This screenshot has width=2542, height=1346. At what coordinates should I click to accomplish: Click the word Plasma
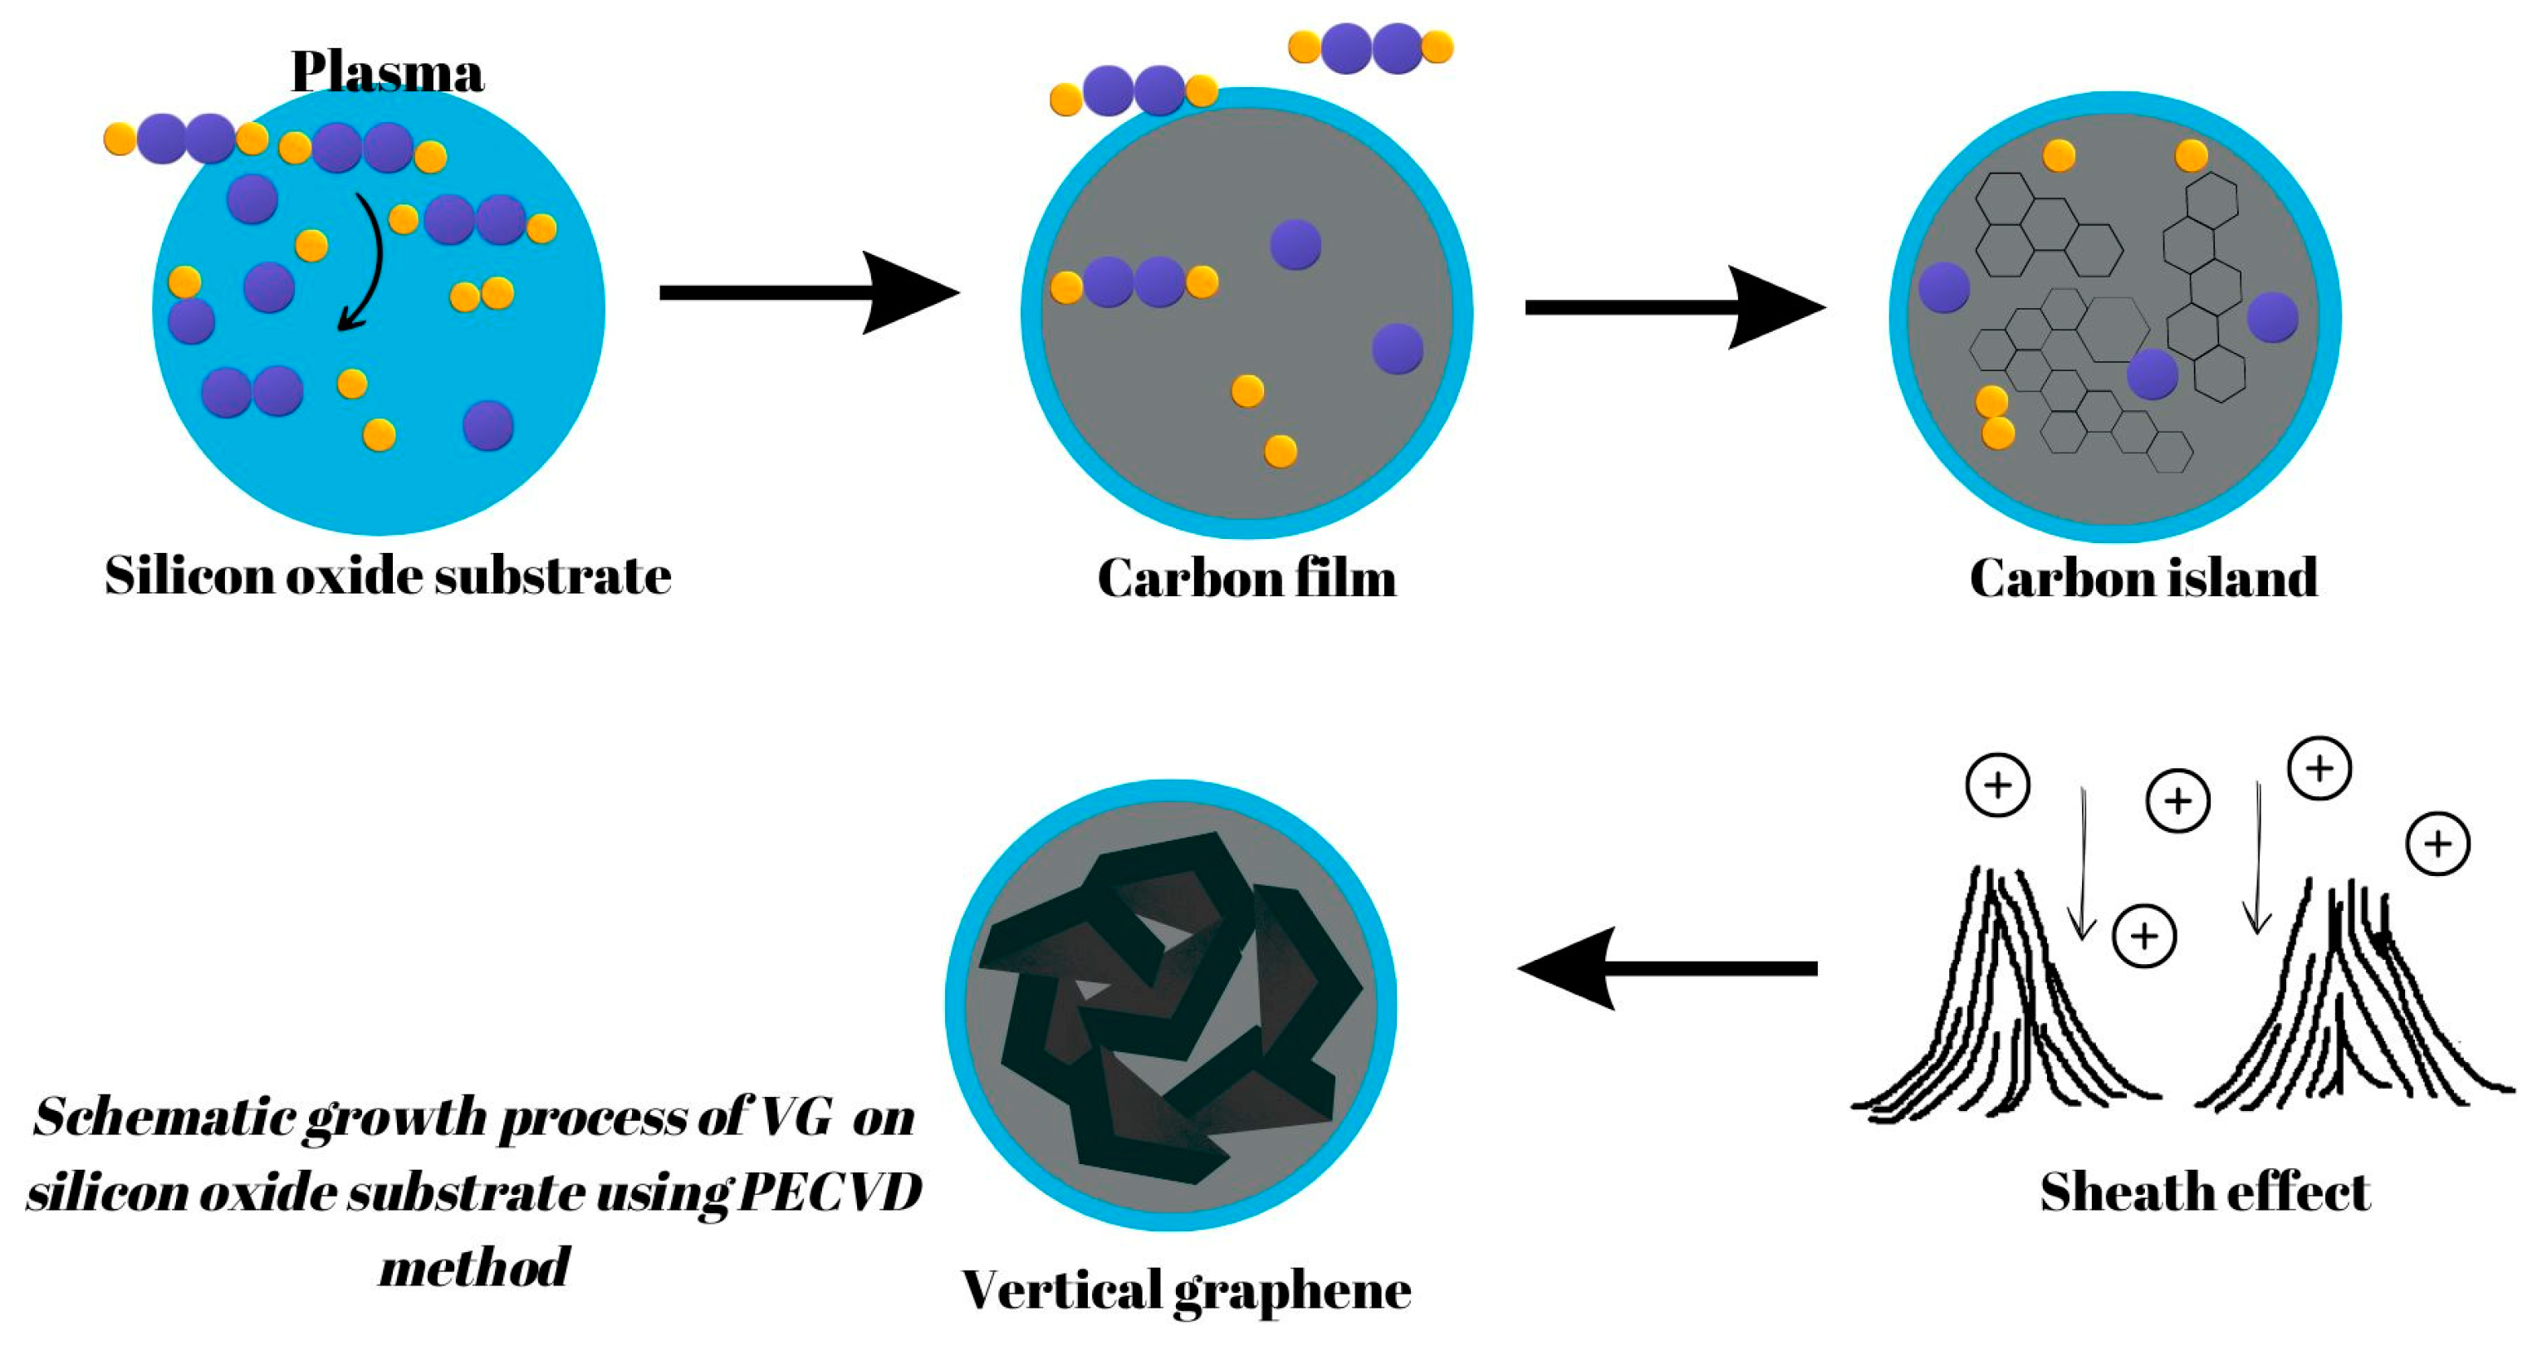[387, 71]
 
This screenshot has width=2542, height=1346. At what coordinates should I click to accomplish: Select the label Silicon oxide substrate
[388, 575]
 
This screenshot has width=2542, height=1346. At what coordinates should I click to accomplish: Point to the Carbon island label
[2143, 577]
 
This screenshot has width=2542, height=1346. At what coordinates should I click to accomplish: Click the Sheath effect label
[2205, 1192]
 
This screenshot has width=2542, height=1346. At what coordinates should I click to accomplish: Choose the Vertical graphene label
[1186, 1290]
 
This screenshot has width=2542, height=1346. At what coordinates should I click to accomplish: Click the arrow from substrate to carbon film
[808, 293]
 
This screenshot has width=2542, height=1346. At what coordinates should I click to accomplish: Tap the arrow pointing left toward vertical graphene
[1668, 968]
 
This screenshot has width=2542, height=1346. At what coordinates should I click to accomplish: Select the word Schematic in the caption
[164, 1118]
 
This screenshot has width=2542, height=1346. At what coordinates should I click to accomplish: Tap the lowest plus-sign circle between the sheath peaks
[2144, 936]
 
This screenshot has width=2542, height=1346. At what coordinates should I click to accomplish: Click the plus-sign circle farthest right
[2437, 844]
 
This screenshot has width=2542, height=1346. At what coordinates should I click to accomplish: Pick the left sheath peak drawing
[2003, 1006]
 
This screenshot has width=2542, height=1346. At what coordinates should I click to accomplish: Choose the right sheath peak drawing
[2353, 1006]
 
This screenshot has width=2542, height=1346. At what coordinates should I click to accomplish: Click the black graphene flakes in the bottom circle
[1169, 1006]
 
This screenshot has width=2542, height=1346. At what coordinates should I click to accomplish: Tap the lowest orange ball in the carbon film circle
[1280, 451]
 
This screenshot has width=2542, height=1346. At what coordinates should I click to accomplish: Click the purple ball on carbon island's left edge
[1943, 287]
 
